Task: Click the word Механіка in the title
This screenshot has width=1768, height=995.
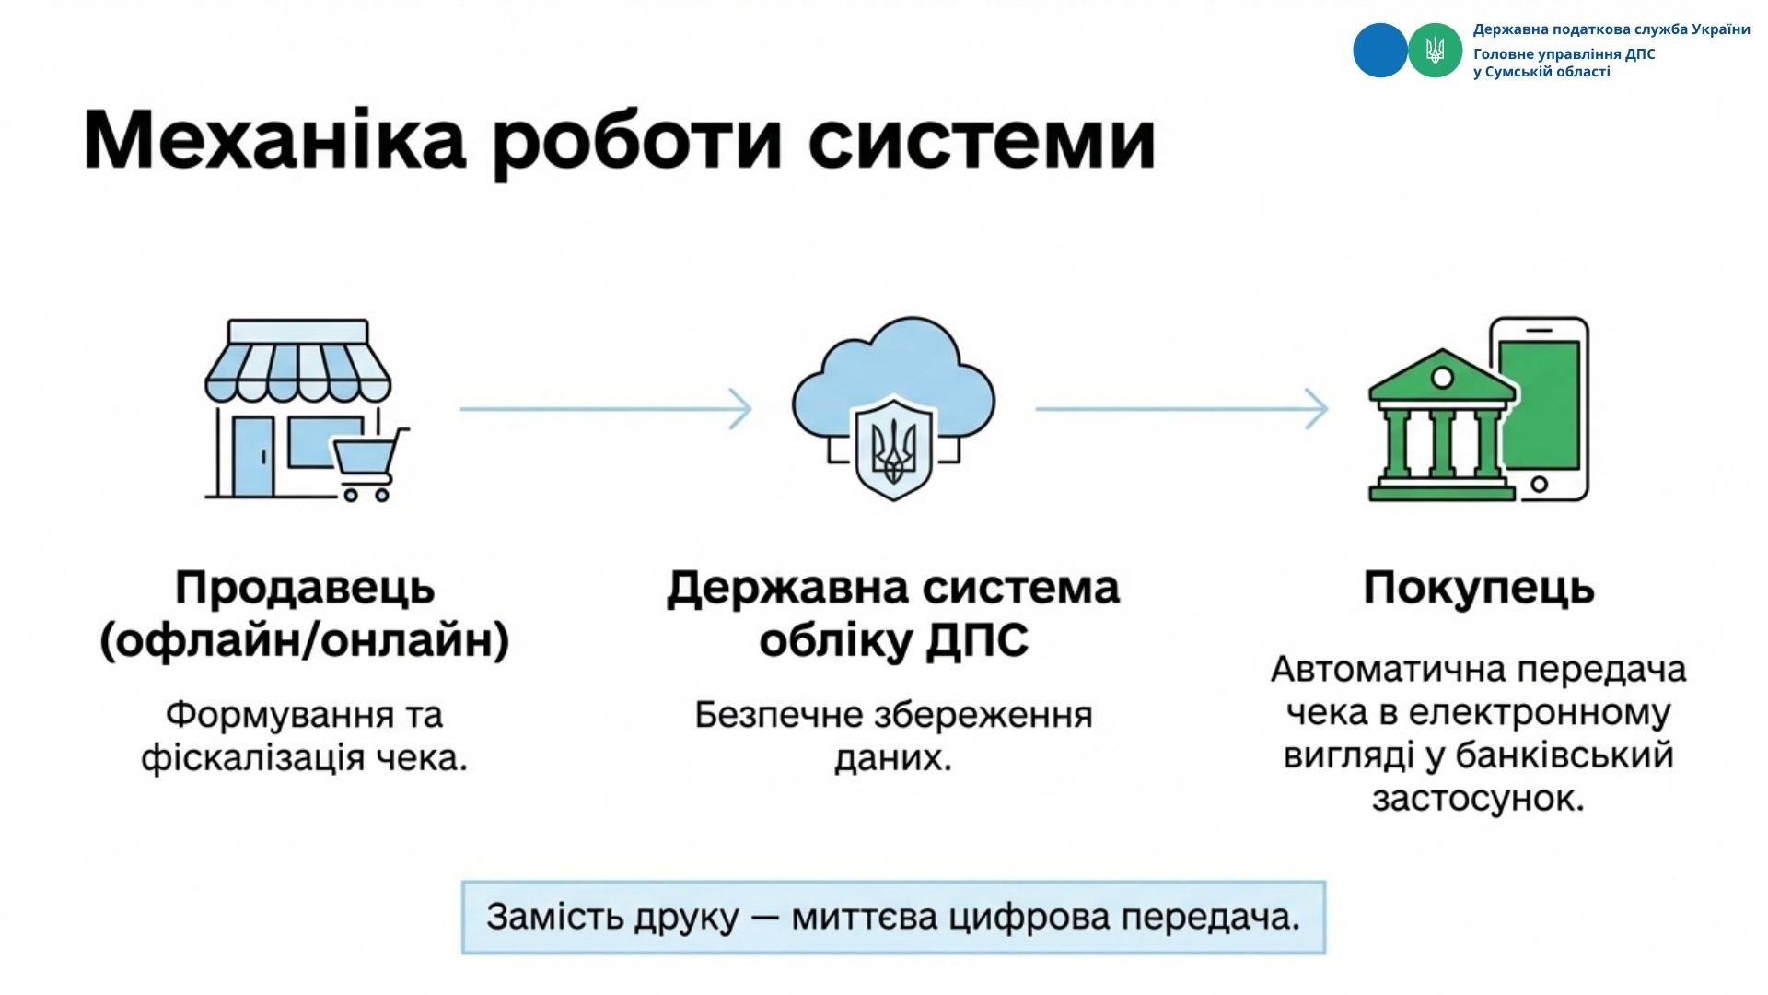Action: click(274, 141)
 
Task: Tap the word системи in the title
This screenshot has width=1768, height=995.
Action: click(982, 141)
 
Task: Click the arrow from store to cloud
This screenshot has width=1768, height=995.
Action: click(605, 408)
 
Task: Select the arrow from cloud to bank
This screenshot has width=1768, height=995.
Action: click(1181, 408)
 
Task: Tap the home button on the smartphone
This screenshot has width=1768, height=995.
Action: click(1539, 484)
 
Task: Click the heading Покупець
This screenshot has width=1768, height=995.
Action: click(1478, 588)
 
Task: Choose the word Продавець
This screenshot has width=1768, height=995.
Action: click(305, 588)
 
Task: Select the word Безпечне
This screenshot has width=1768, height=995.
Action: click(777, 715)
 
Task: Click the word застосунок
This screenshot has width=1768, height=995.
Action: click(1478, 798)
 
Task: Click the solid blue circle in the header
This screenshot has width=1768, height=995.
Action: click(1379, 51)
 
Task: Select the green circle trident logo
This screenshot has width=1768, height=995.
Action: click(1435, 51)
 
